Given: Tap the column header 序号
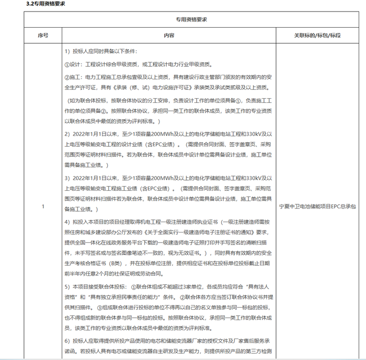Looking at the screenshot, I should [43, 36].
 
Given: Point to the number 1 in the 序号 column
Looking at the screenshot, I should [43, 207].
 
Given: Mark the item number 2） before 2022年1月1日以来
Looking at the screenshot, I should [67, 132].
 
